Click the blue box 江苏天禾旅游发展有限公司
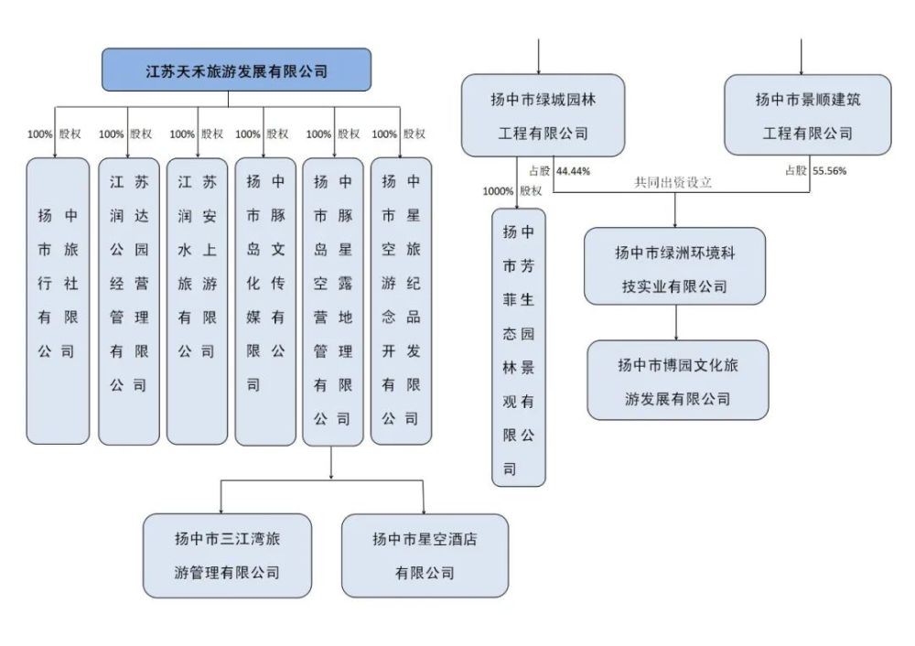point(236,70)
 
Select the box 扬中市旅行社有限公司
point(58,301)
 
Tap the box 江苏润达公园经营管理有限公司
point(129,301)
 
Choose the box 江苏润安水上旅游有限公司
point(198,301)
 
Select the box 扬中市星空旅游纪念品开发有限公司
point(402,301)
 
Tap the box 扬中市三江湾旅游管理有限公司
point(228,555)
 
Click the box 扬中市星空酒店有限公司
point(425,555)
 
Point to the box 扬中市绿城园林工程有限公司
point(544,115)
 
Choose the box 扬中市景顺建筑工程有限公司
point(808,115)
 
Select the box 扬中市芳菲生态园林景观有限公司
point(519,348)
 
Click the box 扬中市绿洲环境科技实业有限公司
point(674,266)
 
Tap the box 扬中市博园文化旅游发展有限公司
point(677,380)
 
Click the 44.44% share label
point(573,171)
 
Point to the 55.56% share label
point(829,171)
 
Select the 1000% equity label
point(498,191)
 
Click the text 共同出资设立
point(673,183)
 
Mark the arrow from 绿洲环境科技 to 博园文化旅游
point(676,323)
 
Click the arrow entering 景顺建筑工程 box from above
point(802,57)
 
